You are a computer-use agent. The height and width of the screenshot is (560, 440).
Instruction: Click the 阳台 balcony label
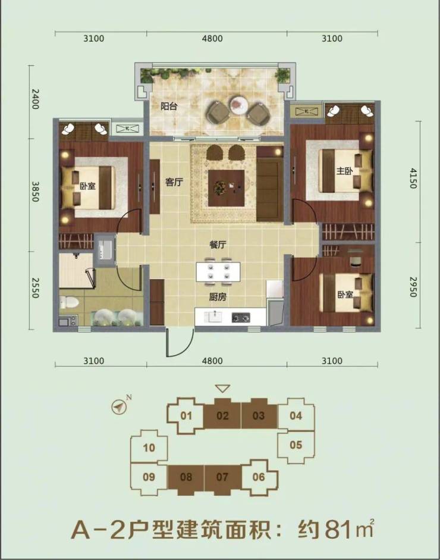click(169, 107)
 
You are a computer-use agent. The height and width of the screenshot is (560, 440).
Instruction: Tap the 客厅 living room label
click(174, 182)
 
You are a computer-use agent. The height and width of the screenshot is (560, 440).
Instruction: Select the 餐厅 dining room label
click(218, 245)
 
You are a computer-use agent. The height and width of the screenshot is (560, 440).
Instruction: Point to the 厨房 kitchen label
click(218, 297)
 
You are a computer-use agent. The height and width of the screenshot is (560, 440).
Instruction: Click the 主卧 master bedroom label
click(344, 171)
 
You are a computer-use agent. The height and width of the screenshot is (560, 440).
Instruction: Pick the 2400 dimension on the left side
click(35, 99)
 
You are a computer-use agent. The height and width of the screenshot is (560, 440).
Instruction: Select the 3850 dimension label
click(35, 192)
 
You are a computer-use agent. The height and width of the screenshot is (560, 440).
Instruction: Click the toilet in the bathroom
click(68, 302)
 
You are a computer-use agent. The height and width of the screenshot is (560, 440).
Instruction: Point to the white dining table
click(218, 272)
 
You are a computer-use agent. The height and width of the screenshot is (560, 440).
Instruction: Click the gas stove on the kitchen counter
click(241, 317)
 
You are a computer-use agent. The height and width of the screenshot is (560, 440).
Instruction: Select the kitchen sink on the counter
click(213, 317)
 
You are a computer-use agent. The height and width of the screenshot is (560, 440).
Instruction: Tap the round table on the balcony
click(238, 104)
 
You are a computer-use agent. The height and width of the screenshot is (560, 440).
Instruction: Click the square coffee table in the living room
click(227, 188)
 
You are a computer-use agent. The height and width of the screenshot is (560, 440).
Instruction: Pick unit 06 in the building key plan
click(259, 477)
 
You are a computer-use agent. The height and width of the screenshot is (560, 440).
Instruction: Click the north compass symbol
click(119, 406)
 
